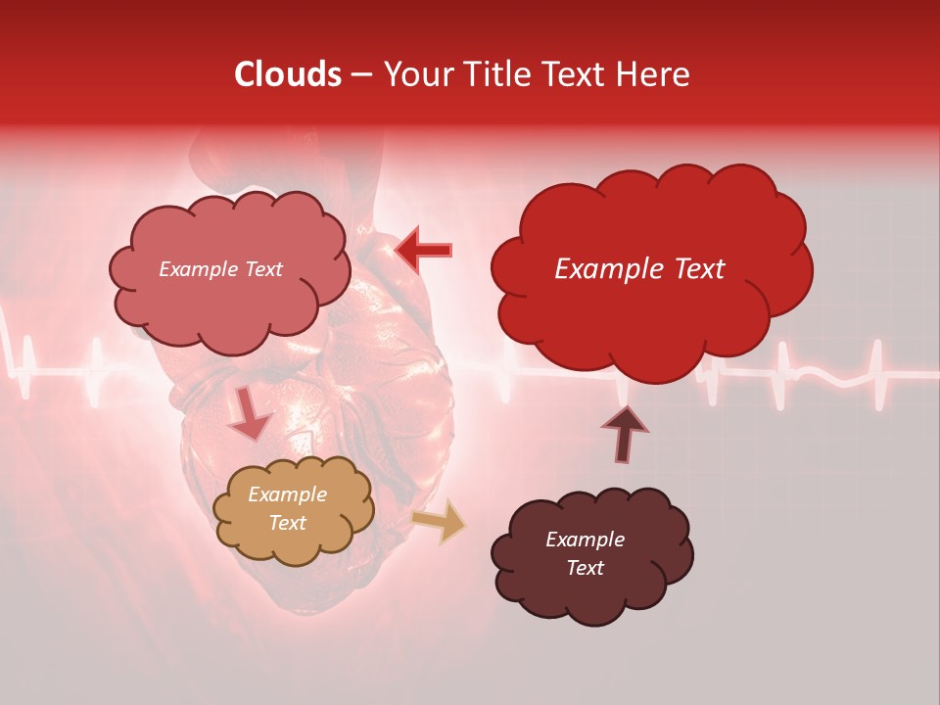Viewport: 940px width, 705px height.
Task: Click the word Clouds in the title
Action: (x=288, y=74)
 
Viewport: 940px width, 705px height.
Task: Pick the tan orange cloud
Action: (x=293, y=509)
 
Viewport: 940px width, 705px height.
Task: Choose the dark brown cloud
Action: (x=591, y=554)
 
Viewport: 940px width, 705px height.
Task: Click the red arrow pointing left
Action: (x=423, y=250)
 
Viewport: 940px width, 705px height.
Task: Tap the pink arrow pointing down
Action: (x=248, y=413)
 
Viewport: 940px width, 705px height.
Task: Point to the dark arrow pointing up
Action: (x=624, y=433)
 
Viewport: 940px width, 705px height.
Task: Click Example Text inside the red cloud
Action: (x=639, y=269)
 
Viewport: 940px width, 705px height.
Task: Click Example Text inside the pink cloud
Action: (x=220, y=269)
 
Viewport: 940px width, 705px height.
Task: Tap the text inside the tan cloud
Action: (x=288, y=509)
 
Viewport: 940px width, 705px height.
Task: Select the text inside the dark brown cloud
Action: (x=585, y=554)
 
